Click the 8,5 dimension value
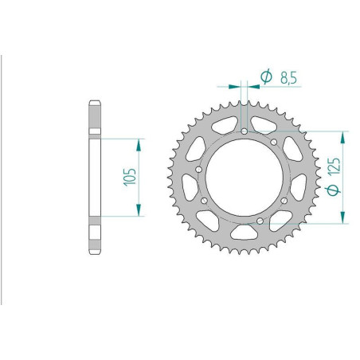[x=288, y=78]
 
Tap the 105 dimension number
[x=130, y=177]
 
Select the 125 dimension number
[x=334, y=166]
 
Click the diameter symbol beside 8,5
[x=266, y=76]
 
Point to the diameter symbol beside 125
[x=333, y=190]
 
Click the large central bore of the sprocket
[x=245, y=178]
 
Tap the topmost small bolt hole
[x=245, y=131]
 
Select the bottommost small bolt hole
[x=260, y=221]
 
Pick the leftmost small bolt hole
[x=198, y=170]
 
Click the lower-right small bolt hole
[x=284, y=201]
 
